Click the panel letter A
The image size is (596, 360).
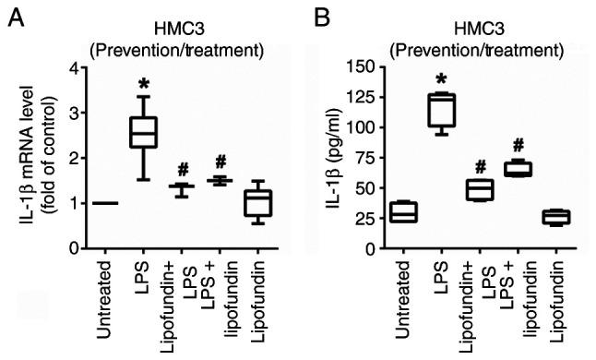tap(17, 18)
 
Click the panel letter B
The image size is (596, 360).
tap(320, 18)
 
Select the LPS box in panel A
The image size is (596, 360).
tap(142, 132)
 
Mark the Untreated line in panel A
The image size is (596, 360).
tap(101, 203)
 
